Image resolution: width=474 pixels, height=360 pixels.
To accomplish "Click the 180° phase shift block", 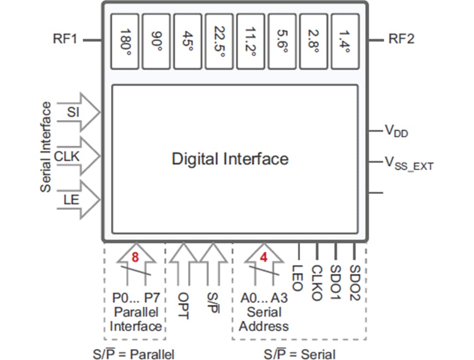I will pos(125,41).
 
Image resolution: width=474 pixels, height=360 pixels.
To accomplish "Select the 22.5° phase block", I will pos(219,41).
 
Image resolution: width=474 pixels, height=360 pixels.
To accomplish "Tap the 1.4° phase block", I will pos(345,41).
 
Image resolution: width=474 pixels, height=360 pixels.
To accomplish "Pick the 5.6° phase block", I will pos(282,41).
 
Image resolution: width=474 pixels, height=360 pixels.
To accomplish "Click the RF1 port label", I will pos(65,39).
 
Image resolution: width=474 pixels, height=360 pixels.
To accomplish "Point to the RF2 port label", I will pos(401,39).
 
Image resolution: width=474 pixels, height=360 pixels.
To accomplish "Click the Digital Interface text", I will pos(230,159).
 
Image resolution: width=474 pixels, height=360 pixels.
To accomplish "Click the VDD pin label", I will pos(396,131).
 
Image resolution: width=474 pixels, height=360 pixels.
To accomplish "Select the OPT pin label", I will pos(183,305).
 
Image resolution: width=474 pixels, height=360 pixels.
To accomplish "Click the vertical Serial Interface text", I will pos(46,147).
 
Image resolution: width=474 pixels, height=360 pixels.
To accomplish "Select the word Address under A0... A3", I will pos(264,326).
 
